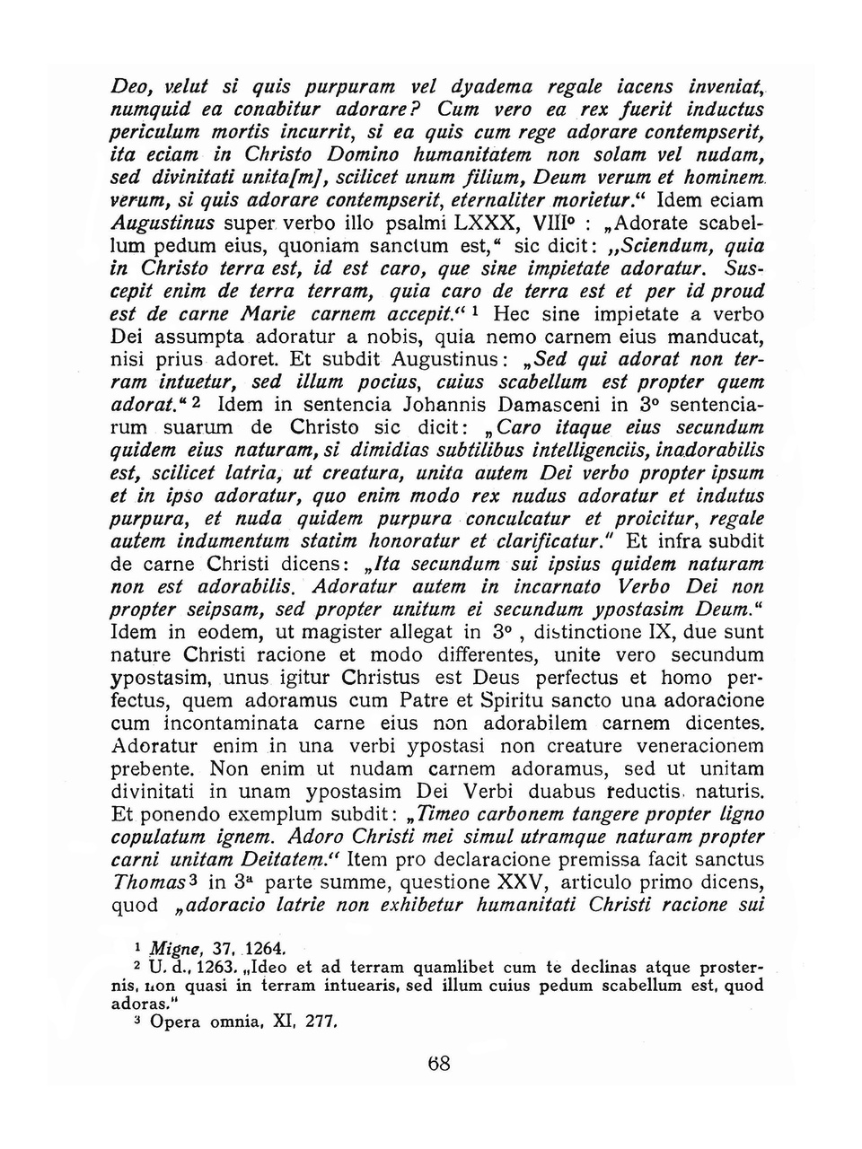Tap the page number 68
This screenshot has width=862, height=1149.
tap(439, 1065)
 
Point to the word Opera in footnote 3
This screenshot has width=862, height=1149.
tap(175, 1022)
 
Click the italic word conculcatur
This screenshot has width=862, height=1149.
tap(520, 519)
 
